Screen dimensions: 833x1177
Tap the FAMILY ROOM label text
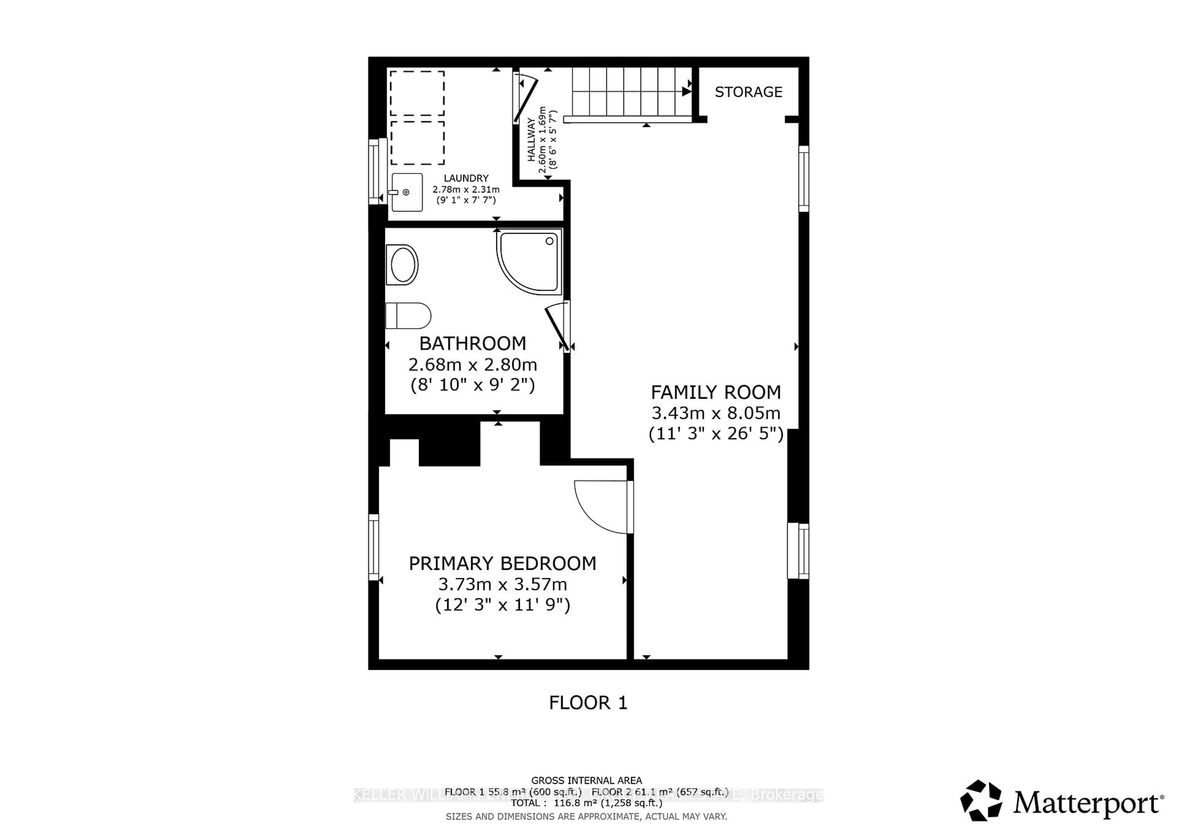[x=716, y=392]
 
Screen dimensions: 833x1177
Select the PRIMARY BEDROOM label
[x=502, y=564]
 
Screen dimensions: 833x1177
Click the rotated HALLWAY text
[x=531, y=140]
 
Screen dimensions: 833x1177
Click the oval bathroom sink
[x=403, y=265]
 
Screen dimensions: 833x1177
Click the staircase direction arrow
[x=686, y=92]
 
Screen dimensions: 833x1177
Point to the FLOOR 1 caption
[x=588, y=703]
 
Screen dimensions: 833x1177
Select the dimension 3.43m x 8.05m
[x=716, y=413]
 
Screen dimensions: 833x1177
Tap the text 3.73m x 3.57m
[x=502, y=584]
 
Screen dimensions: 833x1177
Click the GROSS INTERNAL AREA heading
[x=586, y=780]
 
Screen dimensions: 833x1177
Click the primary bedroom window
[x=374, y=547]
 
